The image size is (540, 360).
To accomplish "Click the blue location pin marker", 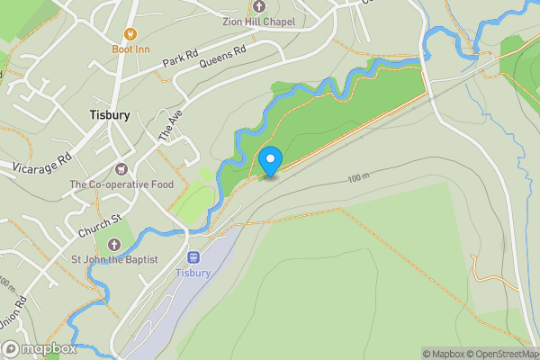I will [270, 161].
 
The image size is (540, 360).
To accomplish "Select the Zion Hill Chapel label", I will [260, 21].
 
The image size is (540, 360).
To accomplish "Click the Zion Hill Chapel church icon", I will [260, 6].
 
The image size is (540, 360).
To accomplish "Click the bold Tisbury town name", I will [110, 115].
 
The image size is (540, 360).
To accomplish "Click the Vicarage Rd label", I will [41, 162].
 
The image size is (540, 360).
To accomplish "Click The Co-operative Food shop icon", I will [121, 169].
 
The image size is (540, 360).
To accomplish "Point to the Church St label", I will [99, 225].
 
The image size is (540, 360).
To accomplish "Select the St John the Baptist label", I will [114, 260].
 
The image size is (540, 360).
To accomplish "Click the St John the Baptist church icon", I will [113, 245].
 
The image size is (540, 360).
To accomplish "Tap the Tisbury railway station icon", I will [193, 258].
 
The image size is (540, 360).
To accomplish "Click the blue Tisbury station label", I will [193, 273].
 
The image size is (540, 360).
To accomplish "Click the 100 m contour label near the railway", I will [357, 178].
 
